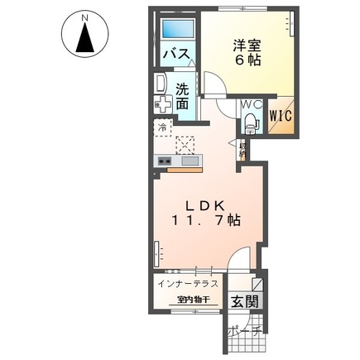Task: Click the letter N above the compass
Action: (85, 16)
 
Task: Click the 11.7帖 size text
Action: (206, 221)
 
